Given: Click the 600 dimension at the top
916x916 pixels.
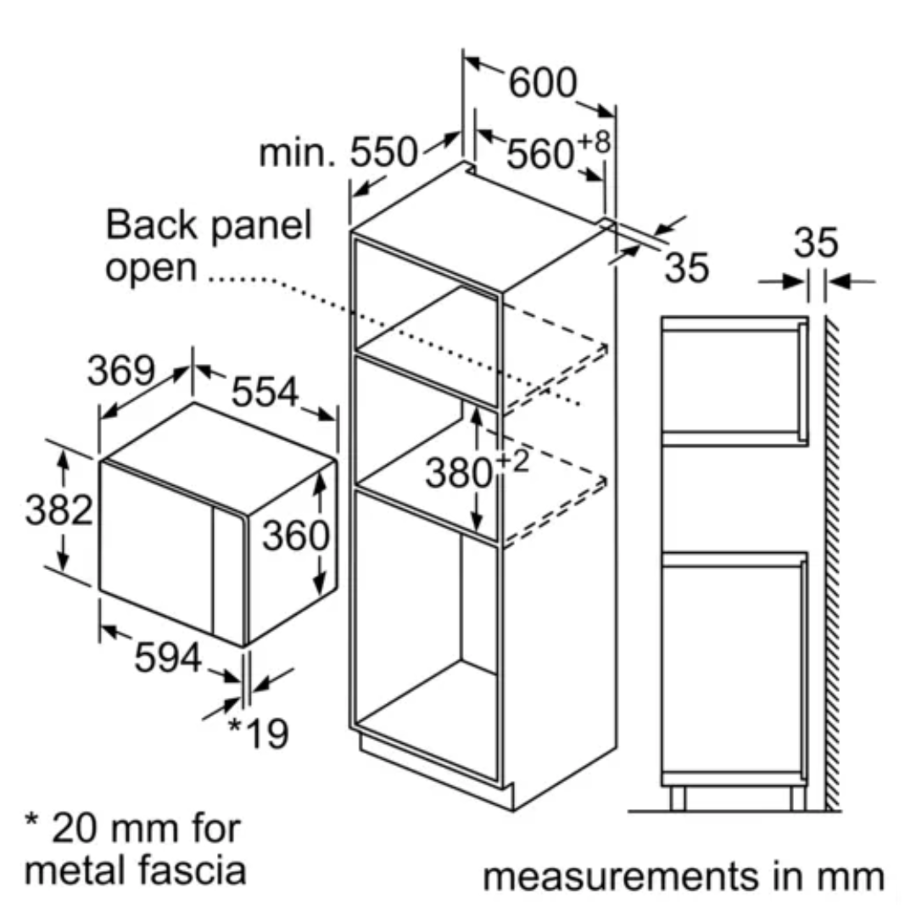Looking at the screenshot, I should tap(543, 83).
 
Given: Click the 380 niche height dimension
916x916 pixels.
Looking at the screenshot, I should tap(459, 473).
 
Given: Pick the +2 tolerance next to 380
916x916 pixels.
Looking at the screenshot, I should tap(511, 461).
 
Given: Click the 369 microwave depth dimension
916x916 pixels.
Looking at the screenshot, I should tap(121, 371).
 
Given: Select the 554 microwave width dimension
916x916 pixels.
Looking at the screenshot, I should tap(265, 391).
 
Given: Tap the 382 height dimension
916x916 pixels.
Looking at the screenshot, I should tap(58, 511).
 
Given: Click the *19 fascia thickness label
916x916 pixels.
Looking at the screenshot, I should tap(258, 734).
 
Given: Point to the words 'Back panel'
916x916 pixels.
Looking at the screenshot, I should tap(209, 226).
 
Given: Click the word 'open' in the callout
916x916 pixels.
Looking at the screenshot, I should tap(150, 269).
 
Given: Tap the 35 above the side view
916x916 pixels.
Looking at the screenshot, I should tap(815, 243).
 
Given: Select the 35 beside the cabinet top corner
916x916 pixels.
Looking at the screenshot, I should tap(686, 268).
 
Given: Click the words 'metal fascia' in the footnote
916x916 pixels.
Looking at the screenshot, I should tap(136, 869).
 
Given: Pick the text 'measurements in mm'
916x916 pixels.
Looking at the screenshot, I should tap(683, 876).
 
